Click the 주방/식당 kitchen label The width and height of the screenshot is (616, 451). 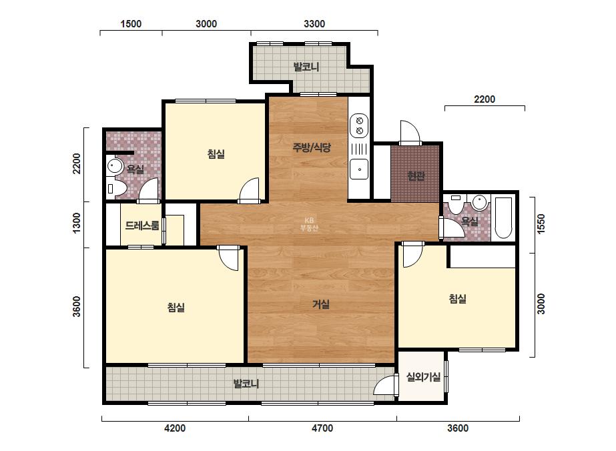click(312, 147)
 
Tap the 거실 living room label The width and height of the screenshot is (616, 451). click(320, 304)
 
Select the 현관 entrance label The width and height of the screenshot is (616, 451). click(416, 176)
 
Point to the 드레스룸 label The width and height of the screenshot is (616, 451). click(142, 225)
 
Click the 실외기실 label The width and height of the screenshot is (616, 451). click(423, 377)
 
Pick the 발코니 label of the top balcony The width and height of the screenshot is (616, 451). click(306, 67)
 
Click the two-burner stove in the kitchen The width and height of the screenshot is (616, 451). click(359, 125)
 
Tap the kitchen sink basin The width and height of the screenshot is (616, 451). click(359, 169)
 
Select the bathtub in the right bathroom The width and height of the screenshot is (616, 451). click(503, 218)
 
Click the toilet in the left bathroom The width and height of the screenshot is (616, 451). click(116, 189)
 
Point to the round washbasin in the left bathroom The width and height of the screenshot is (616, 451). click(114, 165)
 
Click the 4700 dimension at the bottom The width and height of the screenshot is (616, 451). click(322, 428)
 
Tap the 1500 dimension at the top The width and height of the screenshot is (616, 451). click(131, 24)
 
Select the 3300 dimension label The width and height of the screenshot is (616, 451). click(314, 24)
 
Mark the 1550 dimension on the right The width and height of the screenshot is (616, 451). click(541, 224)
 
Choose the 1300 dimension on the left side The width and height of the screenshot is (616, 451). click(77, 223)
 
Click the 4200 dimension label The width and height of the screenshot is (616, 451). click(175, 428)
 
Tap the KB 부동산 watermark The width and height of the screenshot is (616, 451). click(309, 224)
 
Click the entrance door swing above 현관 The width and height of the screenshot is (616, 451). click(410, 133)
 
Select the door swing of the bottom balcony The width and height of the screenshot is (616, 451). click(384, 384)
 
